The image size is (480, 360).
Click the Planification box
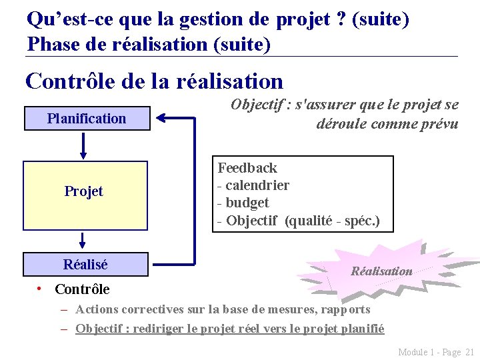(86, 119)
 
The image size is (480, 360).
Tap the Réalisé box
(85, 265)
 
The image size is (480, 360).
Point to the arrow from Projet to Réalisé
(83, 240)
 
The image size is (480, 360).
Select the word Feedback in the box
(247, 168)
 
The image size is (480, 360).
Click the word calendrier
(257, 185)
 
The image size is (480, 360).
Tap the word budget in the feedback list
(247, 203)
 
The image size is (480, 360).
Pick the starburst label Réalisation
(381, 271)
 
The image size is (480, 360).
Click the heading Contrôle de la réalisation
(154, 81)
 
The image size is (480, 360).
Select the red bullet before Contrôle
(41, 288)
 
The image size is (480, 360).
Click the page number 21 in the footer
(469, 352)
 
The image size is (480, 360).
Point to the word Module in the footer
(413, 352)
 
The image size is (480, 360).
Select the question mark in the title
(341, 19)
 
